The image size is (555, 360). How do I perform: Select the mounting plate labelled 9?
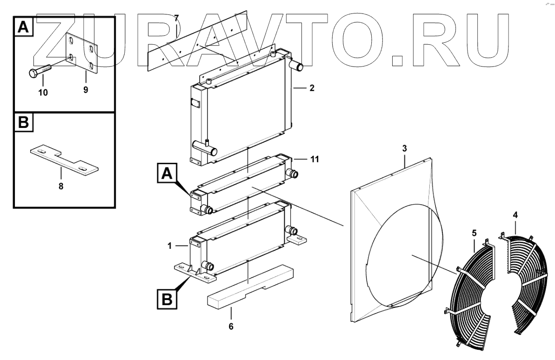(x=82, y=54)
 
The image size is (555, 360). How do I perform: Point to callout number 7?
(x=176, y=18)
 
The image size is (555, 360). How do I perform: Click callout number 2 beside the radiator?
(x=312, y=87)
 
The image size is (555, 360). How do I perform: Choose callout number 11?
(x=314, y=159)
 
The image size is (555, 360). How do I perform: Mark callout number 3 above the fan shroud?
(x=404, y=148)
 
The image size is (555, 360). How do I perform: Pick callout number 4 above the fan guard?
(x=515, y=215)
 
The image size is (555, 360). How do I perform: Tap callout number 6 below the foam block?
(x=231, y=326)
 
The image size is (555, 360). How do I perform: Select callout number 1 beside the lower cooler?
(x=171, y=245)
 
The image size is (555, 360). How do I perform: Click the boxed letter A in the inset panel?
(x=23, y=27)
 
